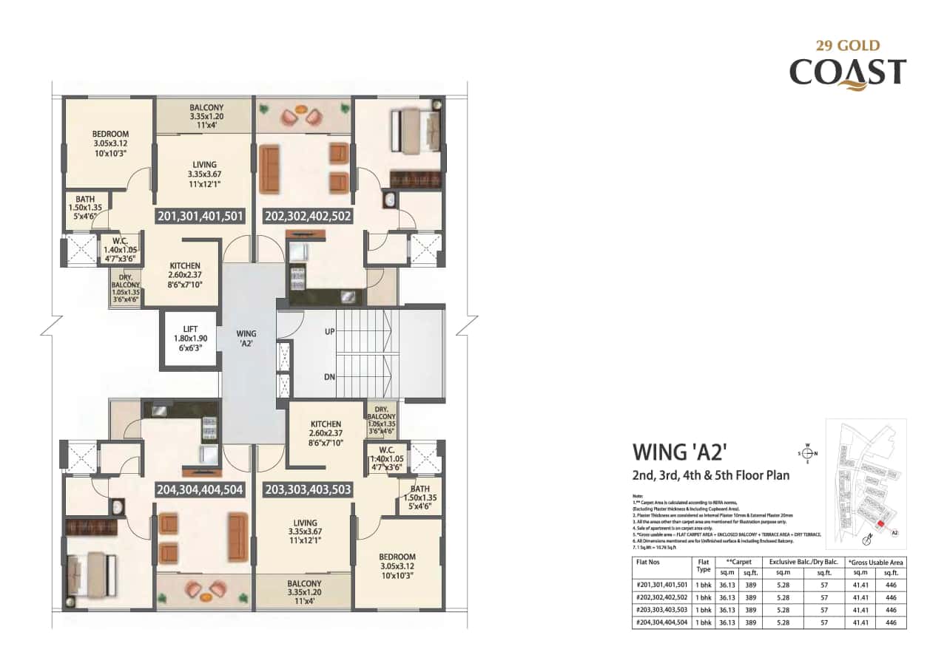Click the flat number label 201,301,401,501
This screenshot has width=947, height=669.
coord(200,216)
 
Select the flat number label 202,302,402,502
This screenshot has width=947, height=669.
coord(307,216)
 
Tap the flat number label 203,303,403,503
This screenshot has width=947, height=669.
coord(307,489)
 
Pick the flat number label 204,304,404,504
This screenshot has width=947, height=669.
coord(200,489)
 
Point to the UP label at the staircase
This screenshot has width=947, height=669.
coord(329,332)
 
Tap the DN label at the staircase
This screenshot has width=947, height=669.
coord(329,376)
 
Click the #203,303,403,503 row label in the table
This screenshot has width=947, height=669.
coord(661,609)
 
